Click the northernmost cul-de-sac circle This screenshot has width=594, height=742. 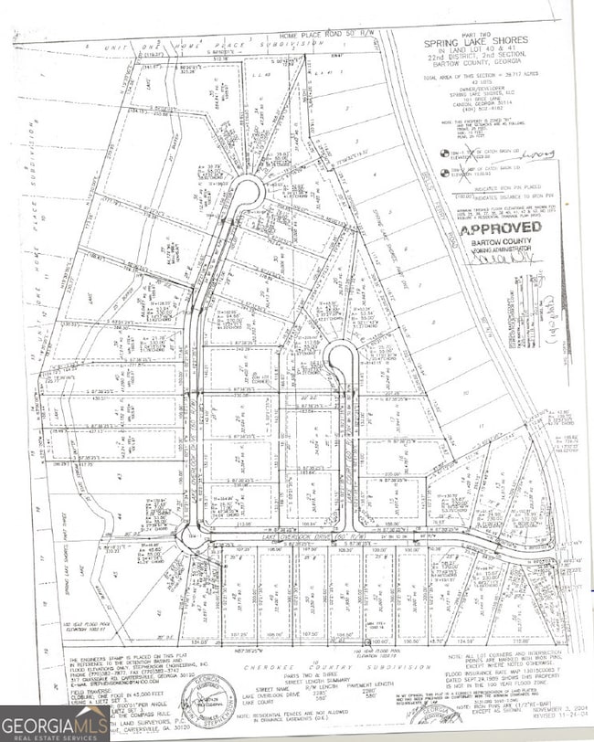(x=245, y=191)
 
